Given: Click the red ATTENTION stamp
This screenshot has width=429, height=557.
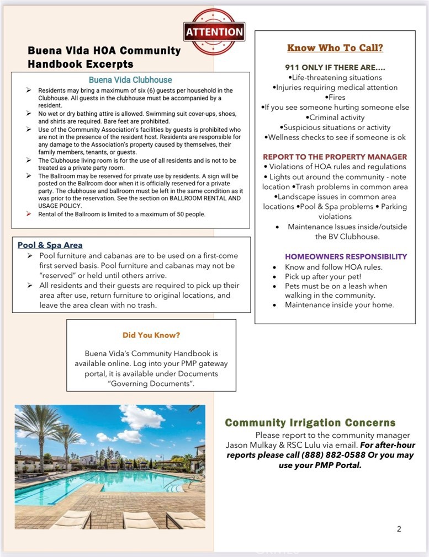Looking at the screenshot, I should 214,31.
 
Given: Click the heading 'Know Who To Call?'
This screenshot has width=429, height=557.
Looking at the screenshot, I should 335,48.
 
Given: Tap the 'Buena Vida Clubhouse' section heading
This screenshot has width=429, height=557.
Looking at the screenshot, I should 130,79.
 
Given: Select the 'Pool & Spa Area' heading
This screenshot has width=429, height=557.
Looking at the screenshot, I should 50,245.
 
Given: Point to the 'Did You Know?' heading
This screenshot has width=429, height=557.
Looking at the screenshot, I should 151,335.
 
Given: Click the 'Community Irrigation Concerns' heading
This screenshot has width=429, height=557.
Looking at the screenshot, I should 310,423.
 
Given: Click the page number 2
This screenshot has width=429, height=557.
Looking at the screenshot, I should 399,529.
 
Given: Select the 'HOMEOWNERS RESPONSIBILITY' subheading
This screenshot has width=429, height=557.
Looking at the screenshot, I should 346,256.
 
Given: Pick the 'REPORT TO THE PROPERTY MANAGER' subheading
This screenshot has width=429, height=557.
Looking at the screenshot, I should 335,157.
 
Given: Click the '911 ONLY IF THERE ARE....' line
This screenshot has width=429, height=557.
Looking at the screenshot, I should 335,67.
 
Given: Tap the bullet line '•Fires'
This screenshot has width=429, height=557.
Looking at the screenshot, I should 335,97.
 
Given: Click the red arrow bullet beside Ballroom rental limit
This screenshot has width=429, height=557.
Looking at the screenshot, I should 29,214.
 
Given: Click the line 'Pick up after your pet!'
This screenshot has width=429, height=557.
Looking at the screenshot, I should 323,276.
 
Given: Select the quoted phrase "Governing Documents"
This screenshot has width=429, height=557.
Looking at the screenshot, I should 151,383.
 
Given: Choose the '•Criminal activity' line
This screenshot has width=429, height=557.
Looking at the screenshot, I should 335,117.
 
